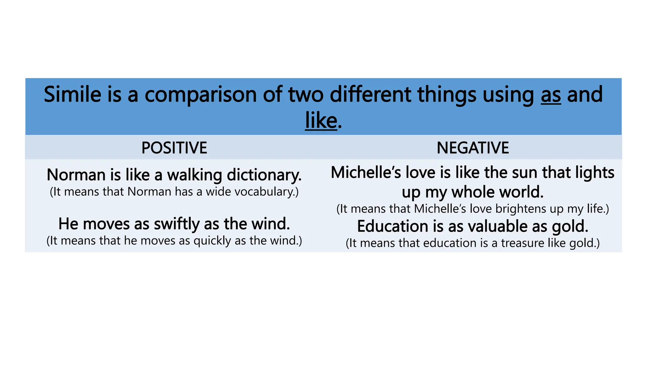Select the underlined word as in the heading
click(551, 95)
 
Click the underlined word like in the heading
click(321, 121)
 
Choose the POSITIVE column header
click(174, 148)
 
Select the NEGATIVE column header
click(473, 148)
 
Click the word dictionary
click(264, 175)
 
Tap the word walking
click(195, 175)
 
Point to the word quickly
click(212, 241)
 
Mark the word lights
click(595, 173)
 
